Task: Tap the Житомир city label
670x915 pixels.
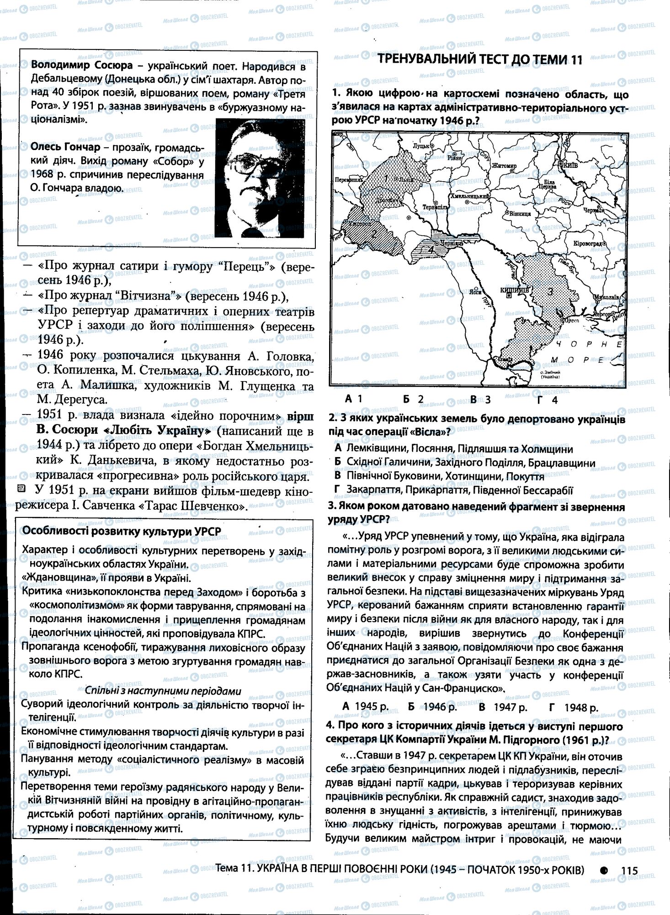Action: (504, 166)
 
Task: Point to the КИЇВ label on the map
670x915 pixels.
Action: (572, 163)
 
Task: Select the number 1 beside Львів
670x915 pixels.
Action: (386, 178)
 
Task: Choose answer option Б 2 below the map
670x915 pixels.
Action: (414, 399)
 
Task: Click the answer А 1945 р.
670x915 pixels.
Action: (365, 707)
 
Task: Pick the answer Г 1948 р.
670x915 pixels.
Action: (574, 707)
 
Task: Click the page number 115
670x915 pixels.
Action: (629, 871)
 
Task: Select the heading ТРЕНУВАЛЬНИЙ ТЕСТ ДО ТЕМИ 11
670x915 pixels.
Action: (481, 60)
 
